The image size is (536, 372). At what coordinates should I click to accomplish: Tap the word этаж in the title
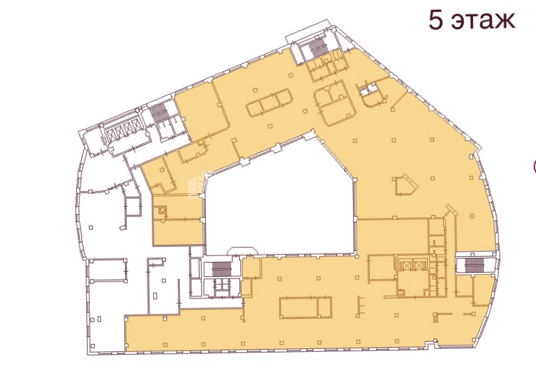click(x=483, y=22)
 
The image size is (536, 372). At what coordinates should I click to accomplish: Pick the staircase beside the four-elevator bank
click(x=158, y=111)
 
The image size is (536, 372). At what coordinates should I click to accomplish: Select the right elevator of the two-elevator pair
click(x=418, y=265)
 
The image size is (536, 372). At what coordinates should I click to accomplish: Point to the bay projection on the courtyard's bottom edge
click(x=243, y=251)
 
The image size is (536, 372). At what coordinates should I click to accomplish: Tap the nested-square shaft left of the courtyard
click(x=163, y=210)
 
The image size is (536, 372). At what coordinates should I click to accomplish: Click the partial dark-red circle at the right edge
click(x=534, y=167)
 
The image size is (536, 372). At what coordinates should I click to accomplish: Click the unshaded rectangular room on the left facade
click(x=108, y=270)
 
